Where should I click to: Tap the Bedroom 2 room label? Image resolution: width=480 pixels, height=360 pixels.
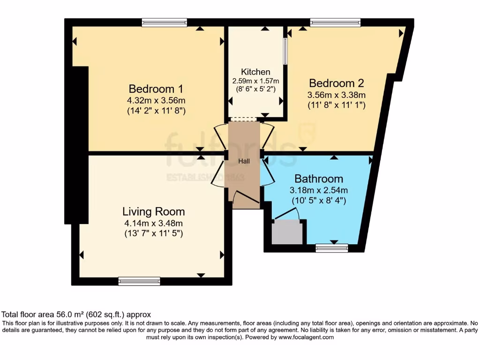336,83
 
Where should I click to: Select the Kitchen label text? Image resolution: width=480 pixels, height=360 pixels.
255,72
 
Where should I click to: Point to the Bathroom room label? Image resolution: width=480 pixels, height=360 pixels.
318,179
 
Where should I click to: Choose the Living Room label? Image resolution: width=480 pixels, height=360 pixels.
153,211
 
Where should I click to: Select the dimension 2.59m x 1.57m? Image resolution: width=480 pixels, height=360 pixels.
255,81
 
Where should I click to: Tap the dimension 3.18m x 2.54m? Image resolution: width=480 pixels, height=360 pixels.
318,190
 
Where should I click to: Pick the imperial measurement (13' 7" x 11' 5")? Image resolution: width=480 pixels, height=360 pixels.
153,233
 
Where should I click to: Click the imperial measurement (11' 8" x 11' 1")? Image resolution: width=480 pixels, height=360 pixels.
336,105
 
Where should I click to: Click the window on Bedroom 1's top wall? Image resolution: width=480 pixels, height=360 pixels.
164,22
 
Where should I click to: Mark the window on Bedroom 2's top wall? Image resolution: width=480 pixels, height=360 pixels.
335,22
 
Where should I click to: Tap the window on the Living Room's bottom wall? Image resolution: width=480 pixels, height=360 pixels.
139,281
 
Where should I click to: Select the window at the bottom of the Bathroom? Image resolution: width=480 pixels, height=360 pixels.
332,248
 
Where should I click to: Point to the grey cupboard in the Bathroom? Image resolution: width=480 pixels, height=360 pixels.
287,232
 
